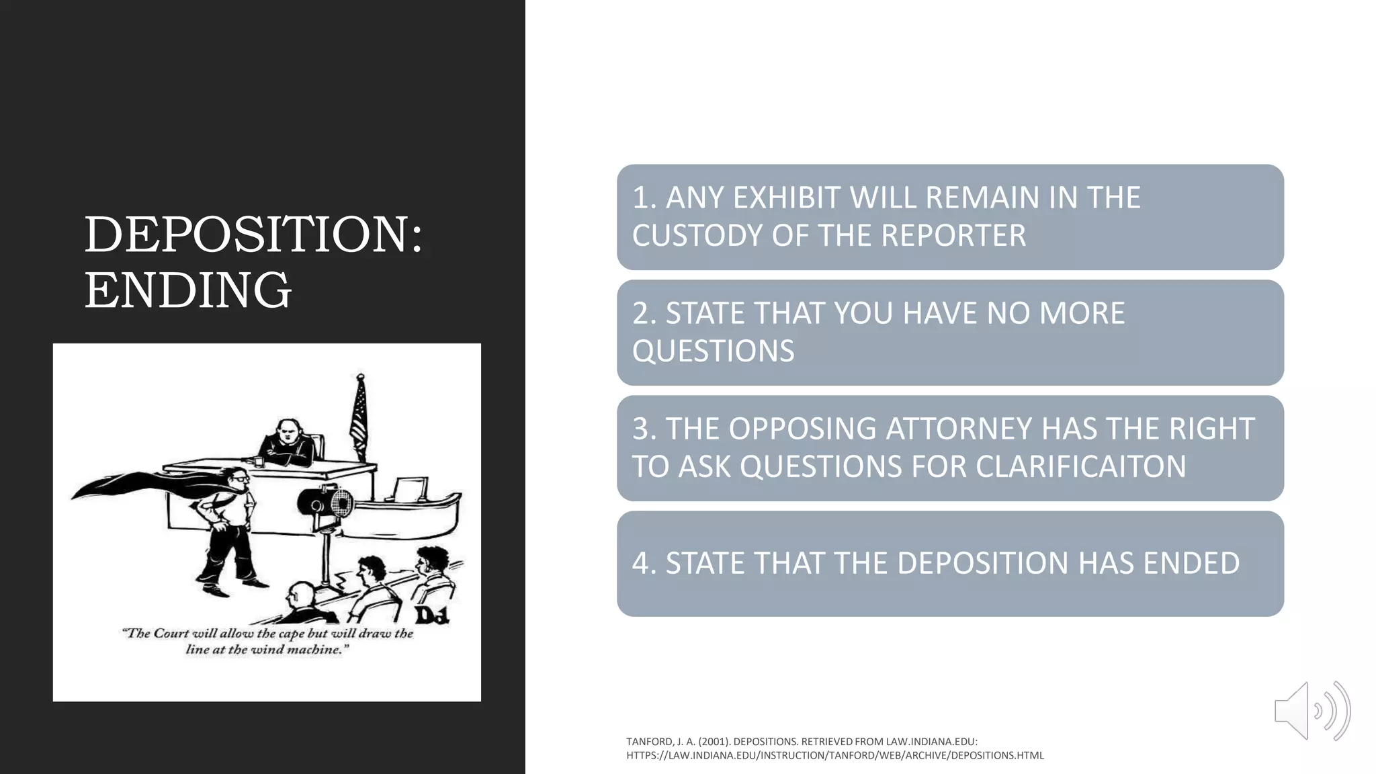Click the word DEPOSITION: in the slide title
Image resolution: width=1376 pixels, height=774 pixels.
[253, 234]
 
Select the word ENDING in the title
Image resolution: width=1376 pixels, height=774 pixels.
[187, 290]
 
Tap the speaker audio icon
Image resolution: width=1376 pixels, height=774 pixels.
[1311, 711]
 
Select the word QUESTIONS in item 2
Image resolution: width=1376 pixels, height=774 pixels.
[713, 351]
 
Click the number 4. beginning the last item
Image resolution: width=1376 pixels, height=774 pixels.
[644, 564]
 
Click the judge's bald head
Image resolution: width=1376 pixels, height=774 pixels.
[288, 430]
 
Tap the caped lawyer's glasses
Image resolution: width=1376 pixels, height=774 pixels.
[241, 478]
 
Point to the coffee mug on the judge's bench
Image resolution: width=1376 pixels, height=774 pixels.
[258, 461]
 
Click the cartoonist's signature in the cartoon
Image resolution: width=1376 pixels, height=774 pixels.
[431, 614]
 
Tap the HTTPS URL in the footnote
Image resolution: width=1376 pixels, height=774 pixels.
[834, 756]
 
